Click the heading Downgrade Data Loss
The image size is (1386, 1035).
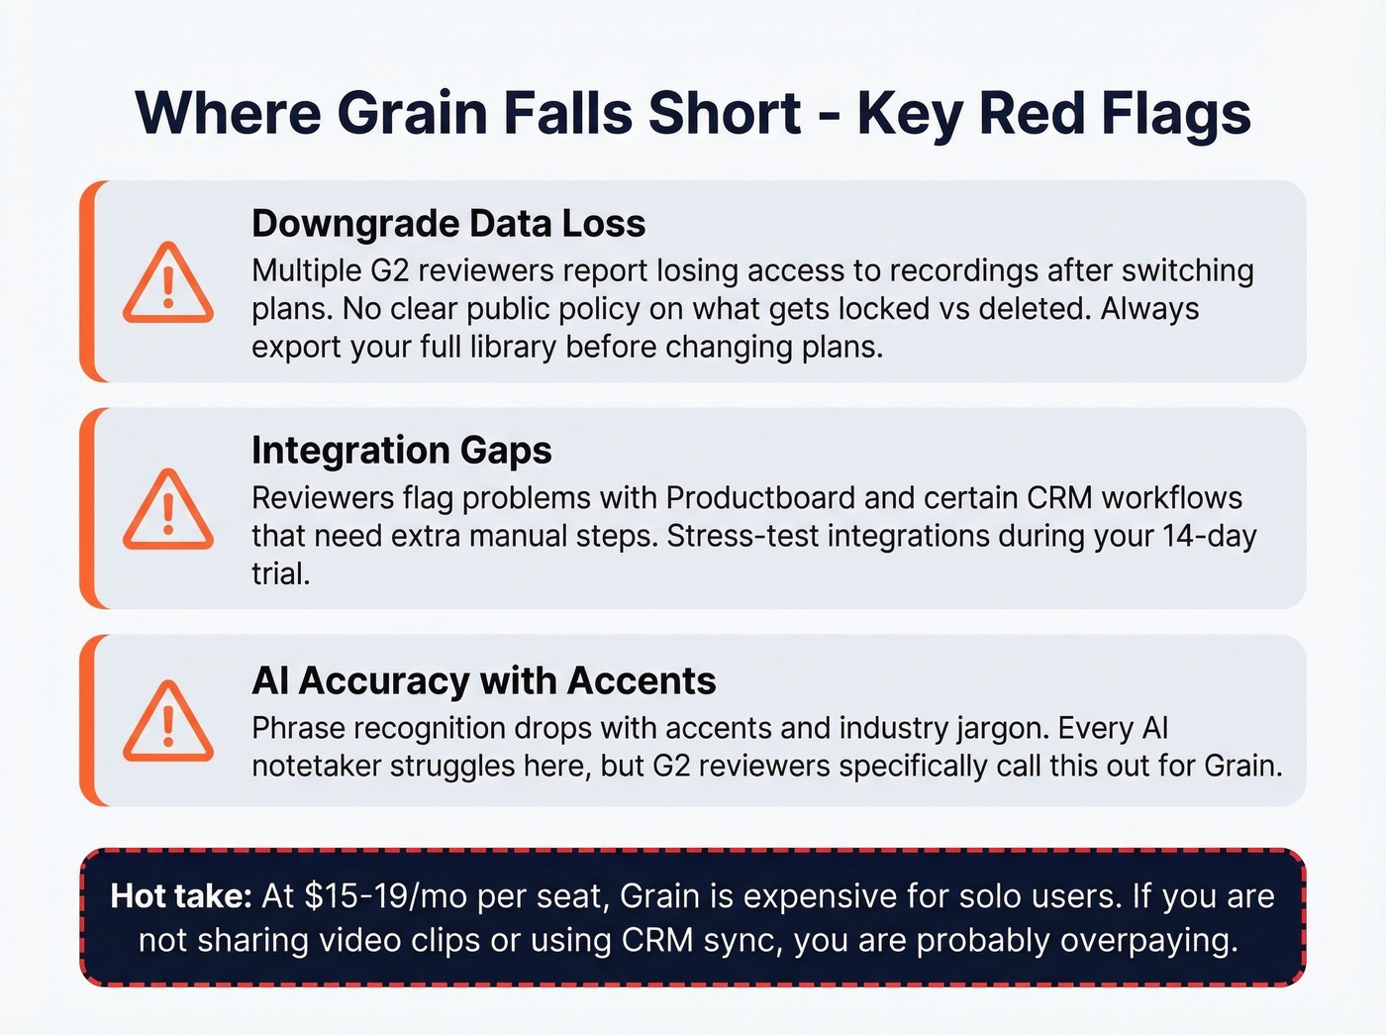click(447, 224)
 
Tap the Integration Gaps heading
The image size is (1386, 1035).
click(401, 451)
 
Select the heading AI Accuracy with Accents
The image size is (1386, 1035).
click(483, 681)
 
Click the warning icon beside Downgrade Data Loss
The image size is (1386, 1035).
click(168, 284)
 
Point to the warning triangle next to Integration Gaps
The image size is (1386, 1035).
click(168, 510)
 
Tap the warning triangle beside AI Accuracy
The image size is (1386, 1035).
click(168, 722)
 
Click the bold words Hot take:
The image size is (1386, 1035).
click(181, 896)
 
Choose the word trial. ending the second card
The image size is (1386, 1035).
click(280, 573)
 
